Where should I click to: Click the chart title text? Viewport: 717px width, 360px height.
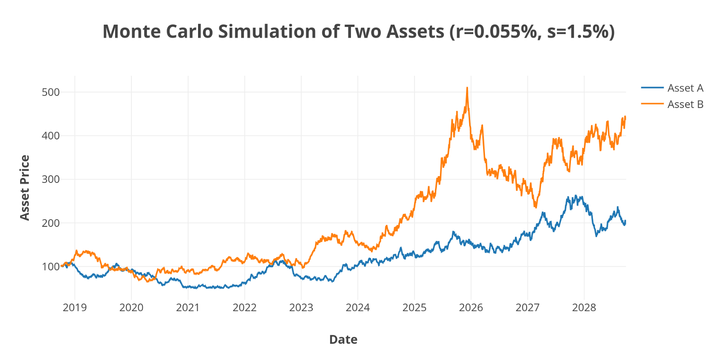coord(358,32)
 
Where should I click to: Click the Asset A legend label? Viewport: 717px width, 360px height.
coord(685,88)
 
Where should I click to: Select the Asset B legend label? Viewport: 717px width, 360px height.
coord(685,104)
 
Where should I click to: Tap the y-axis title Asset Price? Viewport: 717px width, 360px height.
coord(25,188)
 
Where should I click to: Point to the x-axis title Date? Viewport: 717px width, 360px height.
coord(343,339)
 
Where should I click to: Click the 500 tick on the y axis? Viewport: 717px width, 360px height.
coord(51,92)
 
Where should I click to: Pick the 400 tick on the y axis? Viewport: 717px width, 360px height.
coord(51,136)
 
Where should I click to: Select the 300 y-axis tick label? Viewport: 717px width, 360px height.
coord(51,179)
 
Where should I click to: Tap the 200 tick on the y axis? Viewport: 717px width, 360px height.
coord(51,223)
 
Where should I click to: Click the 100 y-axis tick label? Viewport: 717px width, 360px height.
coord(51,267)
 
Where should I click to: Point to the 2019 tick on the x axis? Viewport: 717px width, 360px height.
coord(75,308)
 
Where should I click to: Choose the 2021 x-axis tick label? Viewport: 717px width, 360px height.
coord(188,308)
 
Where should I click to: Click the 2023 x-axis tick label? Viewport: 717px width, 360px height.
coord(301,308)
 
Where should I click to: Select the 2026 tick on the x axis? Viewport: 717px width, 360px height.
coord(471,308)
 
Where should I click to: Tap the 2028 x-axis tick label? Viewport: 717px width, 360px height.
coord(584,308)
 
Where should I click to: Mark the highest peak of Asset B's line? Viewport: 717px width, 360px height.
coord(467,88)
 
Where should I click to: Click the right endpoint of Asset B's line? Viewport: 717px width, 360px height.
coord(626,117)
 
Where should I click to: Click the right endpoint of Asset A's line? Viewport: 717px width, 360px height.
coord(626,221)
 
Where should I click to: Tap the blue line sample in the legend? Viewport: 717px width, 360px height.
coord(652,88)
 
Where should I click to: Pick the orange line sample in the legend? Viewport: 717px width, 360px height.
coord(652,104)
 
